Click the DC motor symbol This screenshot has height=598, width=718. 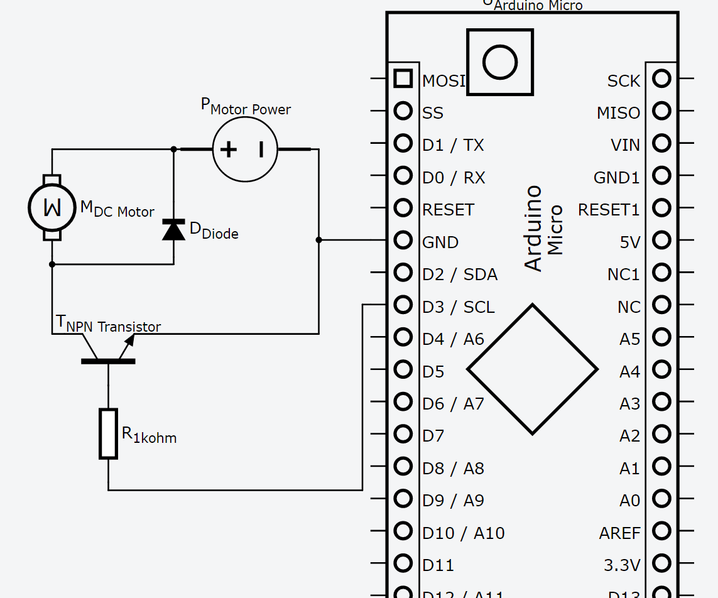pos(52,207)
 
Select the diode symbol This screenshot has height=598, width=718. pos(173,230)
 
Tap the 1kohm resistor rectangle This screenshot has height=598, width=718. pos(108,433)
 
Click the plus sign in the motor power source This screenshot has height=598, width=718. pos(228,149)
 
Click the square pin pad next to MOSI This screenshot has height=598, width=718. pos(403,79)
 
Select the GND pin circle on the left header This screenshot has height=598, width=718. pos(403,240)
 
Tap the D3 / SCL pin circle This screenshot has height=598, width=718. pos(403,305)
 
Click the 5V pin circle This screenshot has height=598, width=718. pos(661,240)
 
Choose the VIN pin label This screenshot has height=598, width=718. pos(625,146)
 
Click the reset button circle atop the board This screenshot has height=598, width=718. pos(500,62)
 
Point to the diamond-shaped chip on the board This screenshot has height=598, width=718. pos(532,369)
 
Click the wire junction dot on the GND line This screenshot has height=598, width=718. pos(318,240)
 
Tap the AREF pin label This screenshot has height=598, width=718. pos(619,533)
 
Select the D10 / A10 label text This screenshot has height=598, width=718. pos(464,533)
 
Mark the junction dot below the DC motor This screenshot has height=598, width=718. pos(52,264)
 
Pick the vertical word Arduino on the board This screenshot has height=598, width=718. pos(533,228)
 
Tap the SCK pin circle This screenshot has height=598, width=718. pos(661,79)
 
